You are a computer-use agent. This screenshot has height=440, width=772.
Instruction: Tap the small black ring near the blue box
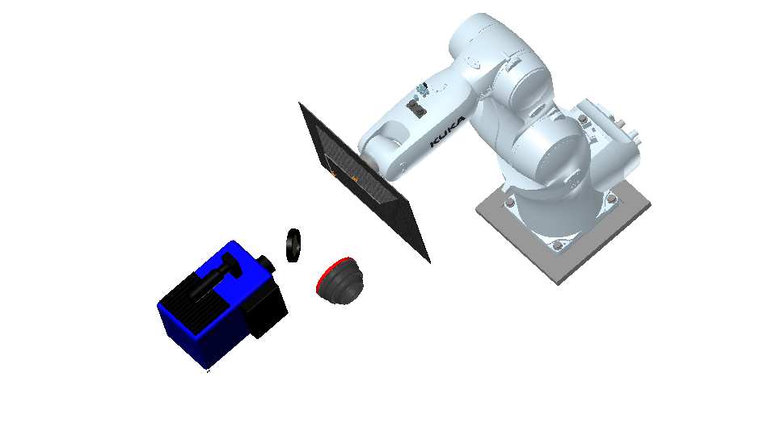(x=293, y=245)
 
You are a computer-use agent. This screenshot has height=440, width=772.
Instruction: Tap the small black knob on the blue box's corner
(x=268, y=263)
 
